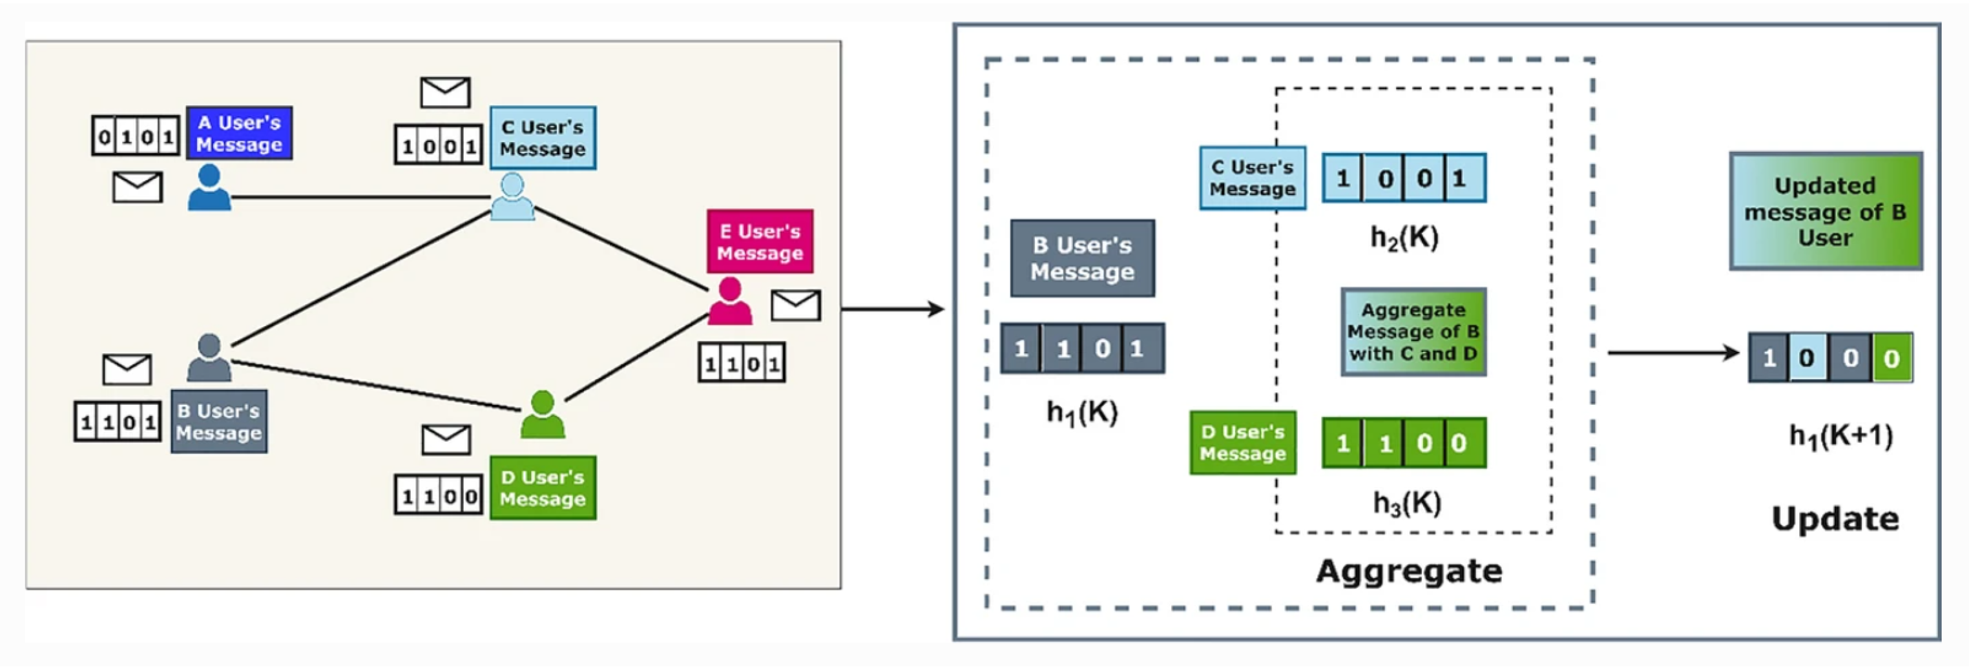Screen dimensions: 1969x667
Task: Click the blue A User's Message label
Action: [239, 133]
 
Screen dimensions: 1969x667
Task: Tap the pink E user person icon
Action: [730, 301]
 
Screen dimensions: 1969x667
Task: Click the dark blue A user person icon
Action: [209, 187]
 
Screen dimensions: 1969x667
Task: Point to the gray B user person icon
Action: [209, 358]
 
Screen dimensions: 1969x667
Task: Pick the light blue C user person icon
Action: [512, 196]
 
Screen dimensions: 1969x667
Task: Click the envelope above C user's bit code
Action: [445, 92]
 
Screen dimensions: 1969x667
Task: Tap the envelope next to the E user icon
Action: [796, 305]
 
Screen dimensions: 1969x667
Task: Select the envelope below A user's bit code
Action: [138, 187]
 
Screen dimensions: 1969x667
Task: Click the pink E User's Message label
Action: [760, 241]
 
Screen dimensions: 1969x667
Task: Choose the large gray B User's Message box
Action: [1082, 258]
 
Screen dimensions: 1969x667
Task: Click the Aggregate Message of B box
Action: [1413, 332]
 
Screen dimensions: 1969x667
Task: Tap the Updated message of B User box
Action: [1826, 211]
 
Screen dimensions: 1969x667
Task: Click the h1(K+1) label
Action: [1840, 436]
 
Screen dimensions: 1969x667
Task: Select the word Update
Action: [1835, 518]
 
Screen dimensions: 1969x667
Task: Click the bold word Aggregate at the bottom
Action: [1409, 571]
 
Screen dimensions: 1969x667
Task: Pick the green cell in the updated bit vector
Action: [1891, 358]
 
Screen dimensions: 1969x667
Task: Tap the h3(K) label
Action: [1407, 503]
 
